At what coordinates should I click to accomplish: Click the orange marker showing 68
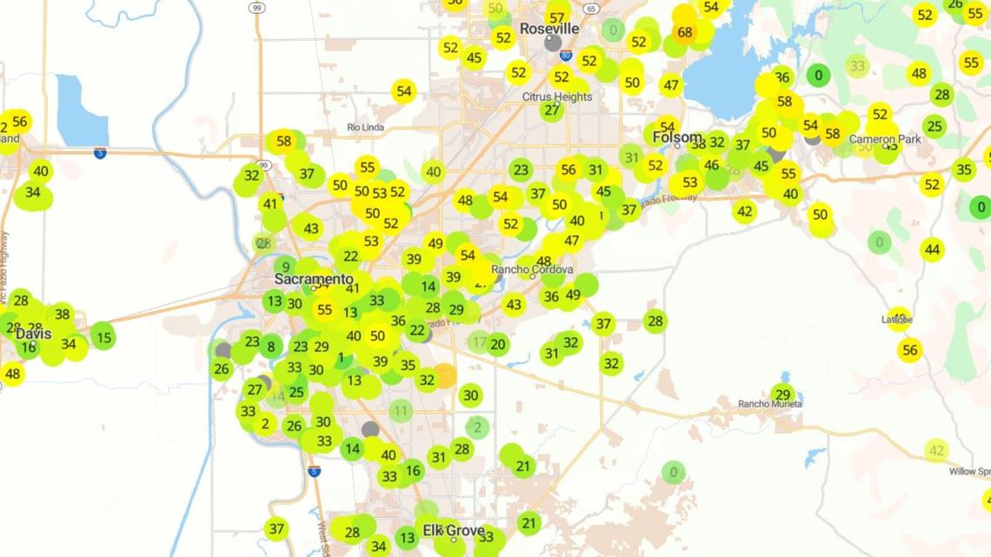coord(685,33)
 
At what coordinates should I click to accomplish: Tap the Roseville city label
coord(549,29)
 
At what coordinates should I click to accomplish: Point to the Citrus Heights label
coord(557,96)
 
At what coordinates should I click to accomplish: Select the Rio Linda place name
coord(365,128)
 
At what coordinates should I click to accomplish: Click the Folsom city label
coord(677,137)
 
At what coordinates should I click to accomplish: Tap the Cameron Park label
coord(878,139)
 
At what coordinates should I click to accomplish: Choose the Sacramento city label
coord(314,280)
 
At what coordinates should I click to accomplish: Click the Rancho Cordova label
coord(532,269)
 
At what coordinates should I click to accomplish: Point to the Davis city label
coord(33,334)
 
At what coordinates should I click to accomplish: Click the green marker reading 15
coord(103,335)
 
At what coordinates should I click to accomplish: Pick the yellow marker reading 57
coord(557,17)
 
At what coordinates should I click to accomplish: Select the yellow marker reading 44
coord(932,250)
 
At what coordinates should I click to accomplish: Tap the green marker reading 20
coord(497,344)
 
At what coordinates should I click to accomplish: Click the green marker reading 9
coord(285,267)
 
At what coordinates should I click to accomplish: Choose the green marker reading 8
coord(270,347)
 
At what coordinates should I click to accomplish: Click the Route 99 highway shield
coord(257,8)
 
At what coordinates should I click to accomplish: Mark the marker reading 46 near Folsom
coord(712,165)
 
